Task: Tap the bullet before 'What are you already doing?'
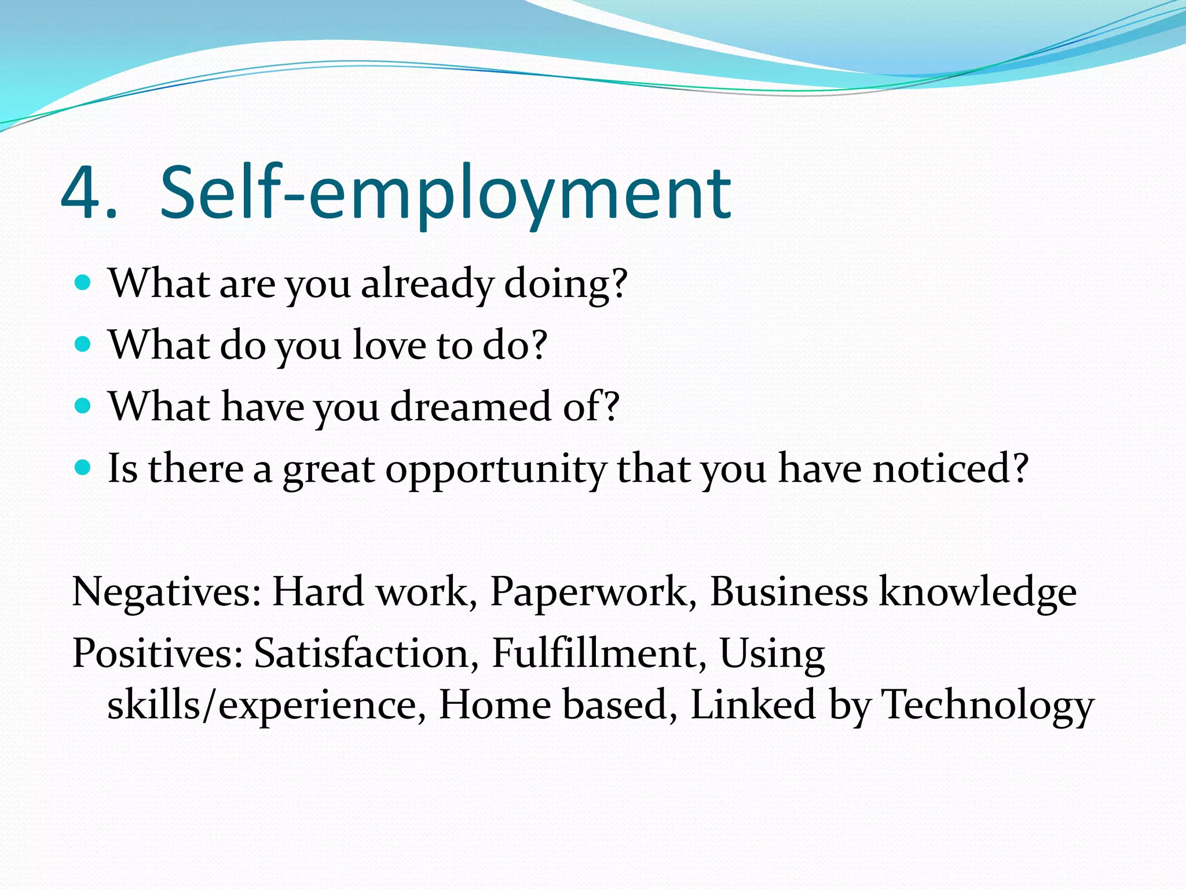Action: pos(83,283)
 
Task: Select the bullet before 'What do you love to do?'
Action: pos(83,344)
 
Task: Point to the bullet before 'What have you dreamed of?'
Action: pos(83,406)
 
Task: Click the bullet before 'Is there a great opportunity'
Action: pos(83,467)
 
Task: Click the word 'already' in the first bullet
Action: pos(427,284)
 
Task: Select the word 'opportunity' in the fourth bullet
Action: pos(496,469)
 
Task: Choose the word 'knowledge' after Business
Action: pos(978,592)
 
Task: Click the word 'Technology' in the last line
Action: pos(987,705)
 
